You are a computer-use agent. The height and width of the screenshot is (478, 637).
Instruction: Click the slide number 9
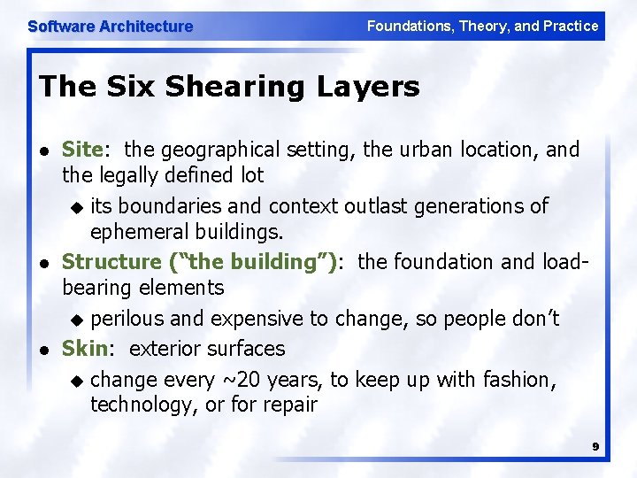pyautogui.click(x=595, y=447)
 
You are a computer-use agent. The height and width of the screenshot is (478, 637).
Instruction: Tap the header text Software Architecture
pyautogui.click(x=110, y=27)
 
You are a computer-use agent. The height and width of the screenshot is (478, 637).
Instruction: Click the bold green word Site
pyautogui.click(x=81, y=150)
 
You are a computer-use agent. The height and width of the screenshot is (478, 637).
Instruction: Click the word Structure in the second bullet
pyautogui.click(x=111, y=262)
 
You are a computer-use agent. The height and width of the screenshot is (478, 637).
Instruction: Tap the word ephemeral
pyautogui.click(x=140, y=232)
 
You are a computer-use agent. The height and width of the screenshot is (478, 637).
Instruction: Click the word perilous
pyautogui.click(x=129, y=318)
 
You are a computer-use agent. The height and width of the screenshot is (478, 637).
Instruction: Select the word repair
pyautogui.click(x=288, y=405)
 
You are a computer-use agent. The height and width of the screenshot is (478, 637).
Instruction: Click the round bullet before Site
pyautogui.click(x=42, y=150)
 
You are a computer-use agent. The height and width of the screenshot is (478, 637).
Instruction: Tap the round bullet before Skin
pyautogui.click(x=42, y=350)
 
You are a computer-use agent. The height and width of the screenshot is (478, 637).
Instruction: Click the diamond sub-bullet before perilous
pyautogui.click(x=76, y=319)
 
